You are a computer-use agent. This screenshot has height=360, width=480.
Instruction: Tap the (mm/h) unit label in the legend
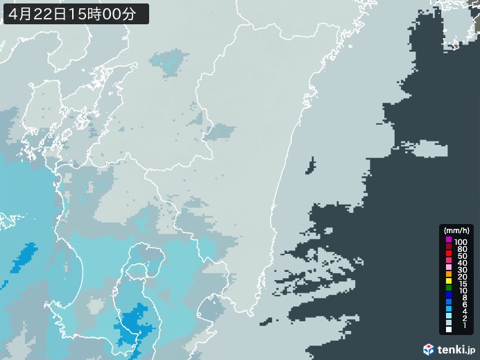[x=457, y=230]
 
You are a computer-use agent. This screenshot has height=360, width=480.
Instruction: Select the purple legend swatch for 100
[x=449, y=239]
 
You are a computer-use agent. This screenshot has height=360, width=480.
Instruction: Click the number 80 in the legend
[x=461, y=248]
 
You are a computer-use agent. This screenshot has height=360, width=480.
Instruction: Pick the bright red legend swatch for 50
[x=449, y=256]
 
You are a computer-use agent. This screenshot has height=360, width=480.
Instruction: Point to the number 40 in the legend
[x=461, y=264]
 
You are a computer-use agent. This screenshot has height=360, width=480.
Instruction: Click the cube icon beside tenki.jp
[x=429, y=349]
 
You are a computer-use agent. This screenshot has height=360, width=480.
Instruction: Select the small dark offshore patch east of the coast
[x=310, y=165]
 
